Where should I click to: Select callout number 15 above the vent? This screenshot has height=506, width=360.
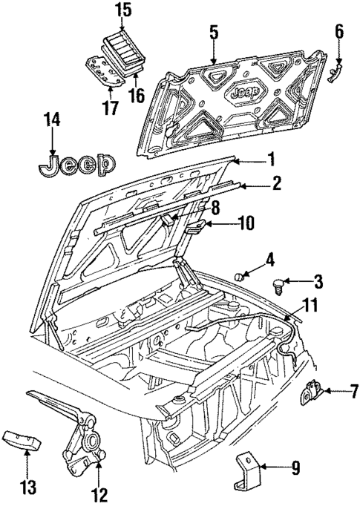pos(122,11)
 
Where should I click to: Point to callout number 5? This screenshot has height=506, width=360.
pos(213,32)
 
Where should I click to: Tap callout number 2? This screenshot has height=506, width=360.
pos(276,182)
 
